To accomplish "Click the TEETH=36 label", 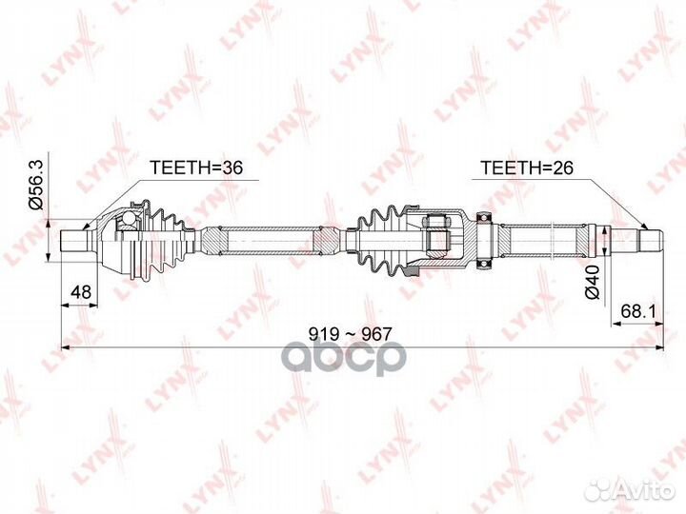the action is tap(195, 168).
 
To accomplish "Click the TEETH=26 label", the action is tap(526, 168).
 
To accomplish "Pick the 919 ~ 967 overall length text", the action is tap(350, 334).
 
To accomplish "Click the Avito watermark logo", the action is tap(629, 490).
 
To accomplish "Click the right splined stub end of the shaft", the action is tap(650, 241).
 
